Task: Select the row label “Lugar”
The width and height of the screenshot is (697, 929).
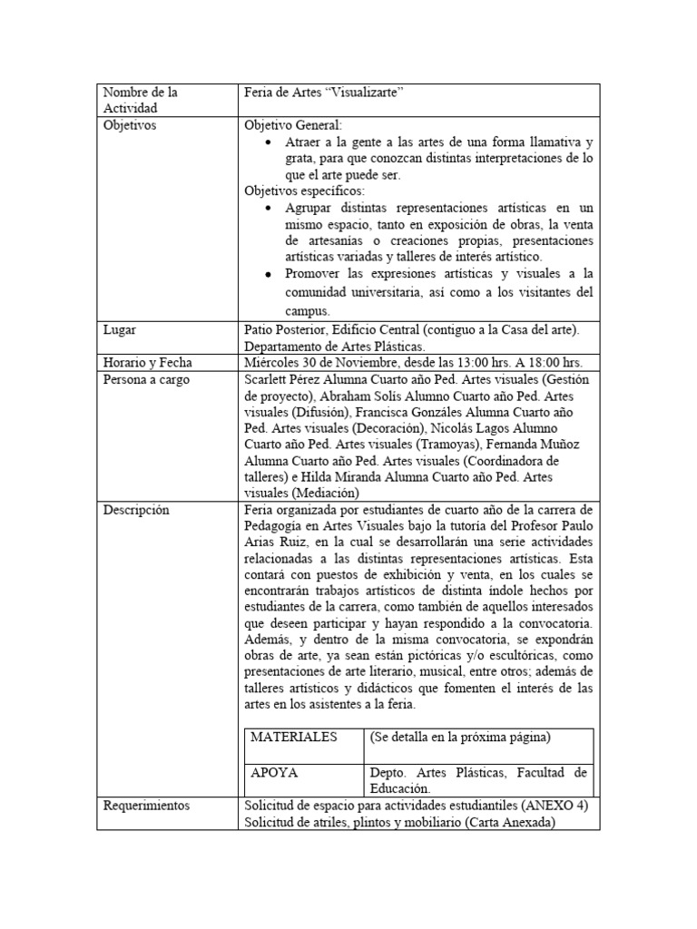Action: [x=121, y=331]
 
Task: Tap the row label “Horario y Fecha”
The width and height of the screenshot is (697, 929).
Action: [x=146, y=363]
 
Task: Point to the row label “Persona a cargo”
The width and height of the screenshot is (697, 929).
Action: [x=146, y=380]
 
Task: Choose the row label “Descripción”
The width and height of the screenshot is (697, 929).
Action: [x=136, y=511]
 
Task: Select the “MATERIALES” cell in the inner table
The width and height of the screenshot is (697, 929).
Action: [x=292, y=737]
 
